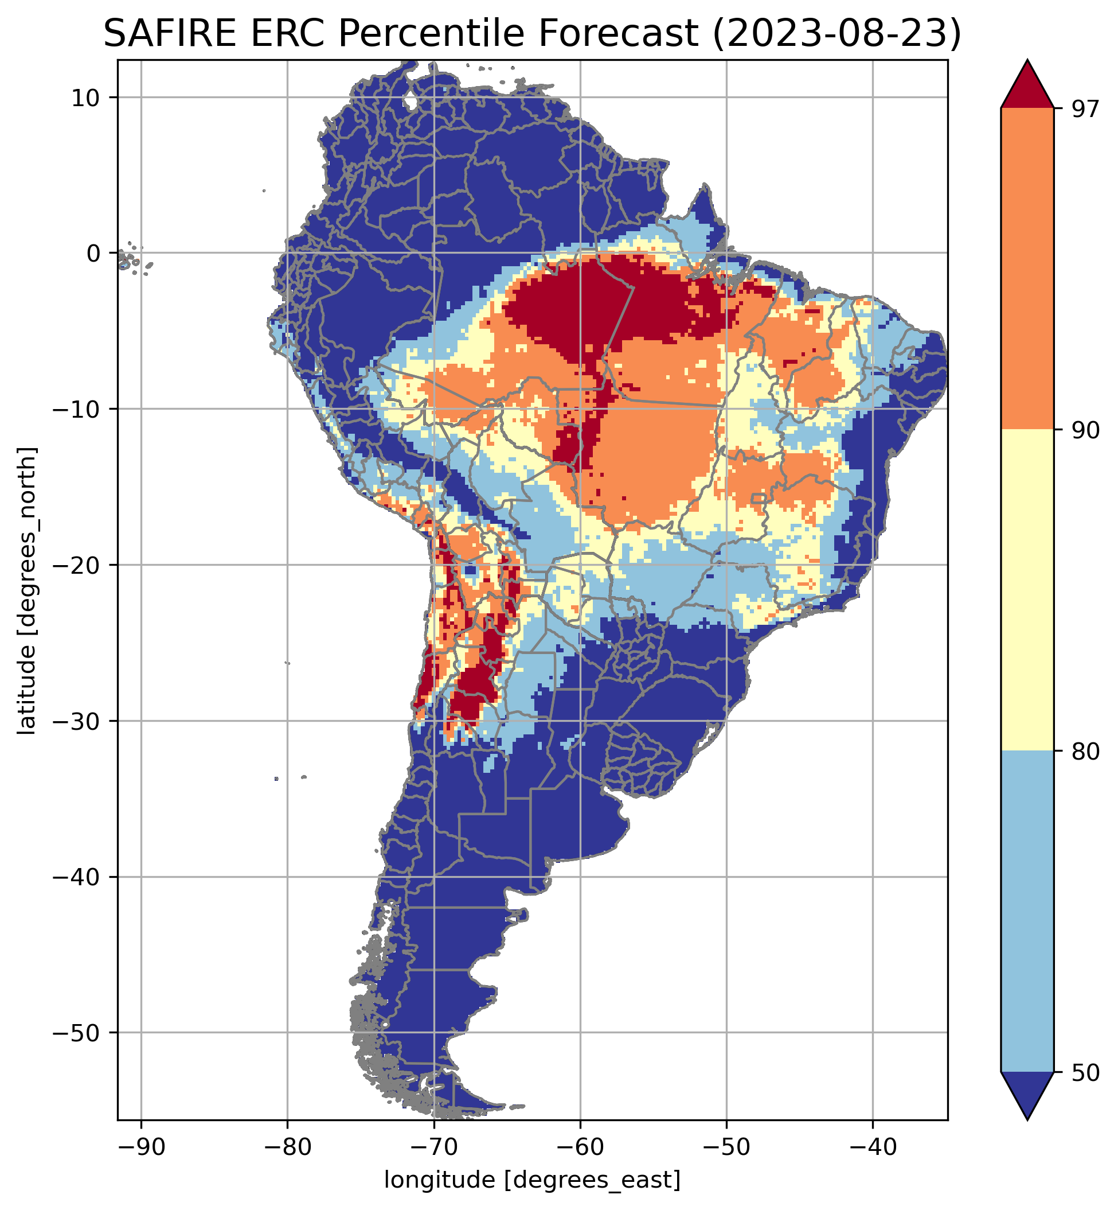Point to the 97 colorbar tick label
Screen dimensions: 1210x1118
1085,110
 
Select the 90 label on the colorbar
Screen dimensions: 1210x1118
1085,430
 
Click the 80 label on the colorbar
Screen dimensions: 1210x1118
1085,752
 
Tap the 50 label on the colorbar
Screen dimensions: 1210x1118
1085,1073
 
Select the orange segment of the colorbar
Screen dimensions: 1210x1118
1027,269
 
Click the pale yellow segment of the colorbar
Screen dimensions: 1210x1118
1027,590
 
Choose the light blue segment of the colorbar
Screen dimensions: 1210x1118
1027,911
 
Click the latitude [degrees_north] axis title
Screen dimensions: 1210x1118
27,591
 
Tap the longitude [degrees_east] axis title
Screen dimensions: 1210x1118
533,1180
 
